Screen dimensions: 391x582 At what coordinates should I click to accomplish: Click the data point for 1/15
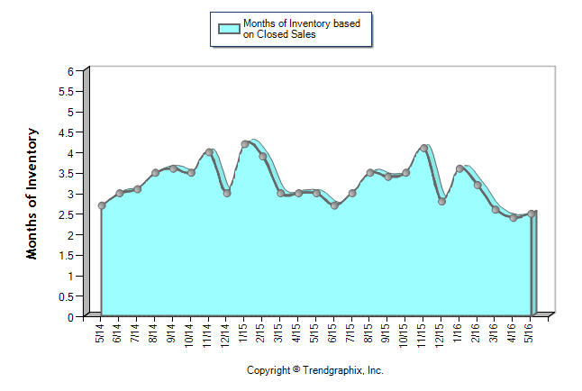click(244, 144)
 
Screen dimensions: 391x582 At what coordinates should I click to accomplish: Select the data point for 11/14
click(209, 152)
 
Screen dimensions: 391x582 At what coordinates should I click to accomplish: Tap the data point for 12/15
click(442, 202)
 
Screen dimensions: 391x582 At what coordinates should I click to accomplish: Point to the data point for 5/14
click(102, 205)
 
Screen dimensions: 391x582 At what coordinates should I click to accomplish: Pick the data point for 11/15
click(424, 149)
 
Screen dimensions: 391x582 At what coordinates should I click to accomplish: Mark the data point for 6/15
click(334, 205)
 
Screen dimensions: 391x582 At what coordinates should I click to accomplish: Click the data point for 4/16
click(514, 217)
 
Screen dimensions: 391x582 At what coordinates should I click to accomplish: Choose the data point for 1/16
click(460, 168)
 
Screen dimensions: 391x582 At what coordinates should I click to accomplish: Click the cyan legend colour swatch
click(229, 29)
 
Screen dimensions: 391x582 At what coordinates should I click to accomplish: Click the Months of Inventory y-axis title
click(32, 194)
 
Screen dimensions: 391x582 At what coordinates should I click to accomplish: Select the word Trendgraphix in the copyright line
click(332, 370)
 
